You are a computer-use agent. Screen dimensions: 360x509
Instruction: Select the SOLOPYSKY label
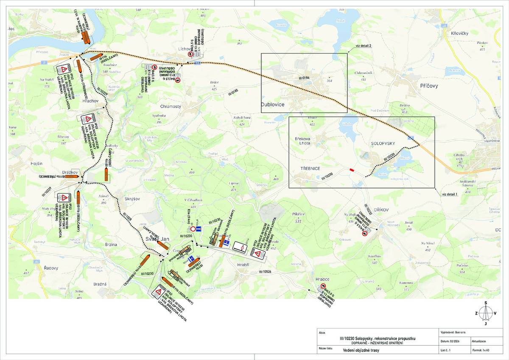(x=382, y=143)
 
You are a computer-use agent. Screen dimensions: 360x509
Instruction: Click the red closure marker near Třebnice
(x=352, y=170)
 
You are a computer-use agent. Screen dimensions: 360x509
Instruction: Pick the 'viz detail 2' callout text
(x=363, y=45)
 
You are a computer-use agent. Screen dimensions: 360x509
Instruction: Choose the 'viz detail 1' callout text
(x=450, y=194)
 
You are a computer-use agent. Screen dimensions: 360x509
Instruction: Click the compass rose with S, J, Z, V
(x=486, y=313)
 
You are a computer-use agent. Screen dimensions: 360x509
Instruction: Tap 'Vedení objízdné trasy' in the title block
(x=361, y=351)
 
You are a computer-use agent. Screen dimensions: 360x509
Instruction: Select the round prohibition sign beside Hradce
(x=323, y=286)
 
